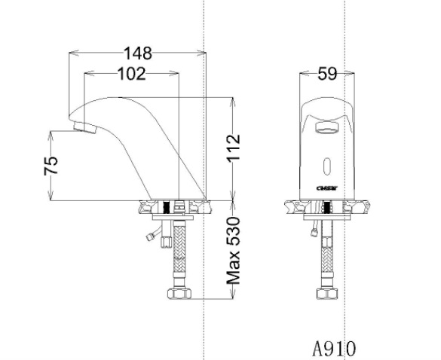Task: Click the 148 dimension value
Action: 138,53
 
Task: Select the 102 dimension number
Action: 130,73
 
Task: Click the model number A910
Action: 334,347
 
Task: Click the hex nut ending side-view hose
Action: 179,294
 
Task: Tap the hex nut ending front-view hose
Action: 328,294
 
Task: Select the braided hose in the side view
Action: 179,256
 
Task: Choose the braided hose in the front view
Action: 328,256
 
